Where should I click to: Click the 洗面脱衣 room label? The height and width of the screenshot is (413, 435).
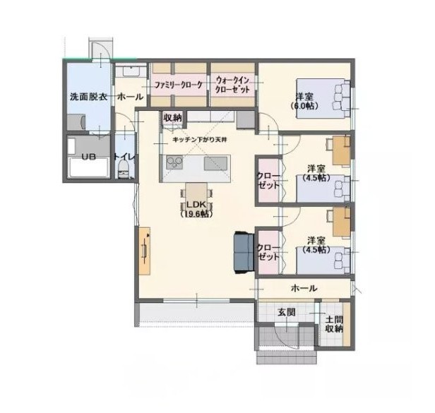pos(88,97)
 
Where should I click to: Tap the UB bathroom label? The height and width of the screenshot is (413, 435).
pos(89,157)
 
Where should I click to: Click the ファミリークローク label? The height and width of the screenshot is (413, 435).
pos(179,85)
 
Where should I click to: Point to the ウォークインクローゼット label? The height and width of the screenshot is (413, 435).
pos(232,85)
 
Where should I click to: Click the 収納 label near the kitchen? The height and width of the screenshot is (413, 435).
pos(172,118)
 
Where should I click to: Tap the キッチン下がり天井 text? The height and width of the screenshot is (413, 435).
pos(200,140)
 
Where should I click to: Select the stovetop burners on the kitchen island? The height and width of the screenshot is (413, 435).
pos(174,162)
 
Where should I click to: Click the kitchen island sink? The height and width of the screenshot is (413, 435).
pos(215,163)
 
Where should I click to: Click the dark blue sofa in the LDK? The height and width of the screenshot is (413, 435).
pos(244,252)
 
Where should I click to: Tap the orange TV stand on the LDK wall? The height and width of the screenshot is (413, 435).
pos(145,251)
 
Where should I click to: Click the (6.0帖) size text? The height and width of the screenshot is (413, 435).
pos(304,106)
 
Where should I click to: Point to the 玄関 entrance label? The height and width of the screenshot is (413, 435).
pos(287,312)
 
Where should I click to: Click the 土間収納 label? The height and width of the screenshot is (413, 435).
pos(334,323)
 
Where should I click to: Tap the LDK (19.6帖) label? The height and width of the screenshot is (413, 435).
pos(196,210)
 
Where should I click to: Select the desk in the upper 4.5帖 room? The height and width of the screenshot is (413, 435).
pos(342,152)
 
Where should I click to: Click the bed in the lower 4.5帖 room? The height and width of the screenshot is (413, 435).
pos(323,261)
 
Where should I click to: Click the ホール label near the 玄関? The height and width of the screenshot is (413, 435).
pos(304,289)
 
